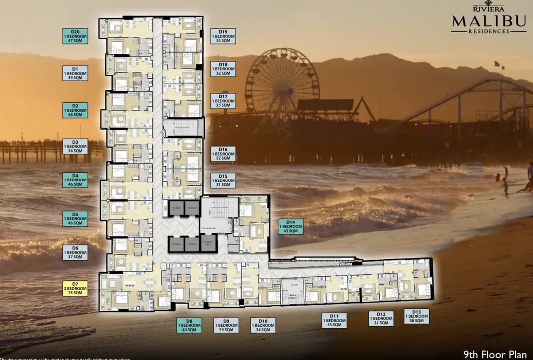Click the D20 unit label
[75, 36]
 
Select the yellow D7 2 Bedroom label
[75, 288]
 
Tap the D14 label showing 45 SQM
[291, 227]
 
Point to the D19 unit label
[223, 36]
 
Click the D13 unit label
[417, 316]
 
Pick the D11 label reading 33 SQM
[334, 320]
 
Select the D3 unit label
[75, 146]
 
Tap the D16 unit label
[223, 154]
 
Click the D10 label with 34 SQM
[263, 325]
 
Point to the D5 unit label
[75, 219]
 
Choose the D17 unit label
[223, 101]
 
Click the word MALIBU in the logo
[489, 20]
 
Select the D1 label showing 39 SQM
[75, 73]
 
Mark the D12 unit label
[381, 318]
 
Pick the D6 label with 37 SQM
[75, 252]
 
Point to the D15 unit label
[223, 180]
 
